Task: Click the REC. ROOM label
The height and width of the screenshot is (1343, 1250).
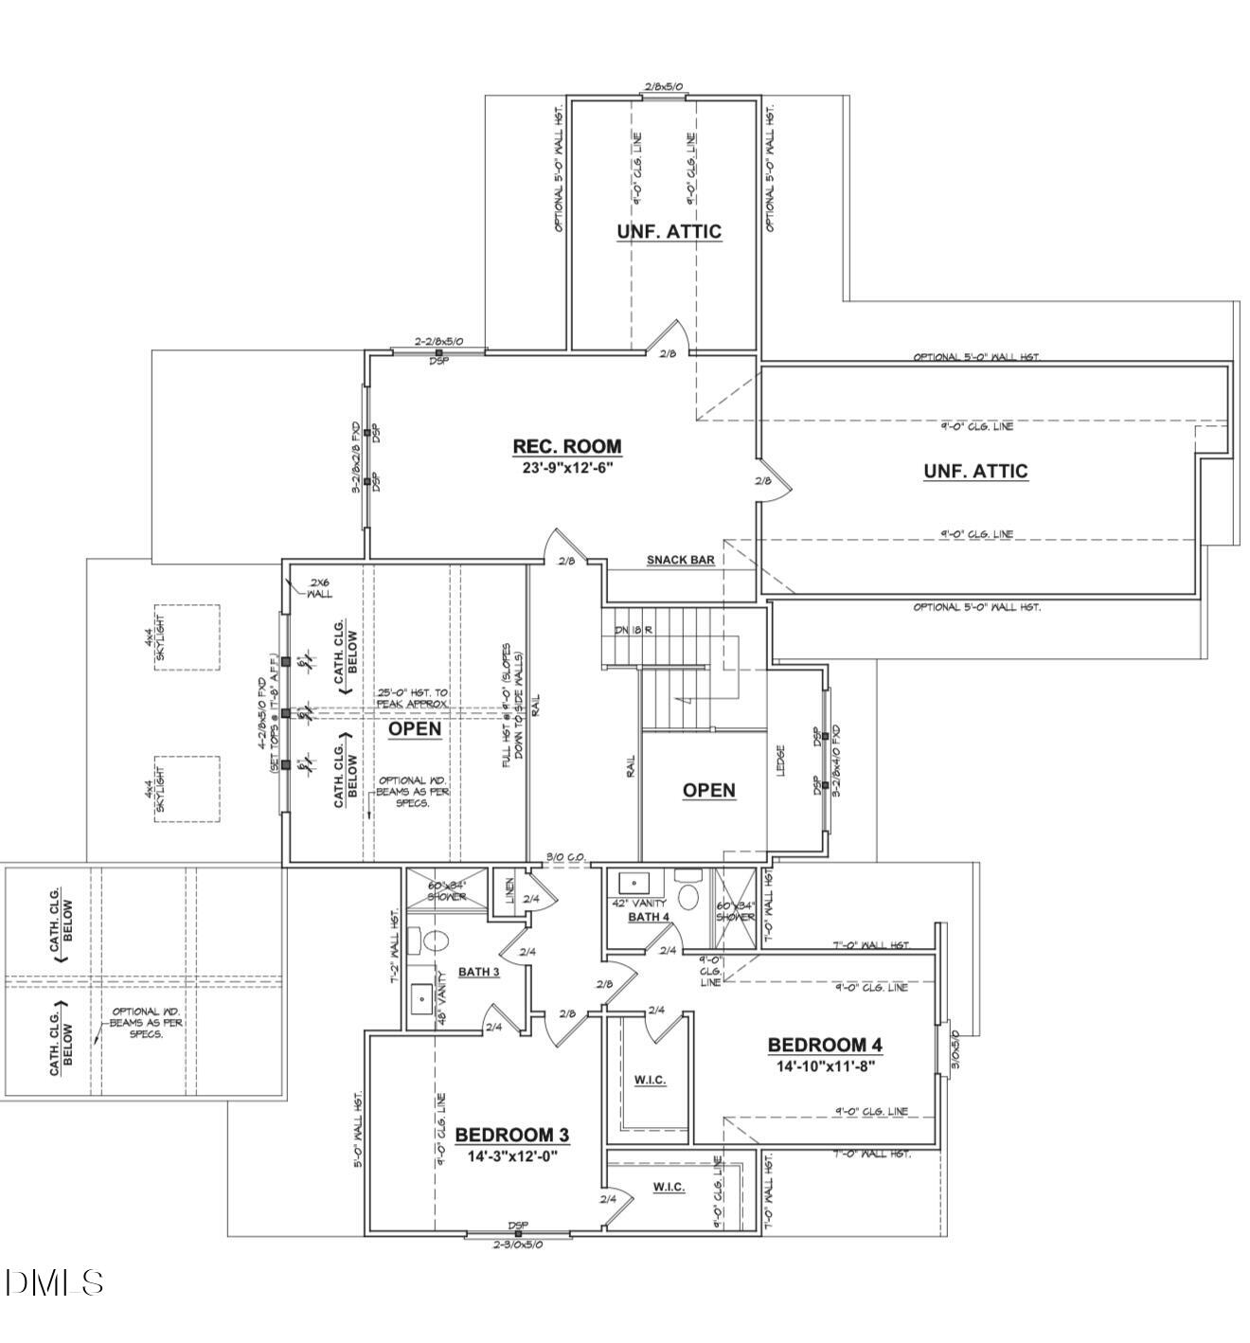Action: [x=566, y=446]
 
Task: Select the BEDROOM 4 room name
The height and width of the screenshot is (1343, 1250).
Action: [x=825, y=1045]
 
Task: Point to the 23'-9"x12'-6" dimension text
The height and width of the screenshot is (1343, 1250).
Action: [x=567, y=467]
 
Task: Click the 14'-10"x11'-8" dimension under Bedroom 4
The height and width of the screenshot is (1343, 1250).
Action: [x=825, y=1065]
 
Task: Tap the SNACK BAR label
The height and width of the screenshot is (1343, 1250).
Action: [x=680, y=560]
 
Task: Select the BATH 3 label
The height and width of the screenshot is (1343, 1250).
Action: [x=478, y=972]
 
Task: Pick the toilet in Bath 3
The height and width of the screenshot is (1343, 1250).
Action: [x=435, y=940]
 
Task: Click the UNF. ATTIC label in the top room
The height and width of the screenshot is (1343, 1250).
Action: [x=669, y=231]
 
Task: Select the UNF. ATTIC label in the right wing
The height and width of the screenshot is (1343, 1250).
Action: [x=975, y=471]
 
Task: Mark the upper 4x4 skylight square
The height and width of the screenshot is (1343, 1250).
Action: [x=187, y=637]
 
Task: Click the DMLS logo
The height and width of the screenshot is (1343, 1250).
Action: [x=54, y=1282]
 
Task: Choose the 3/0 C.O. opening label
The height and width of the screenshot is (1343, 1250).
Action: [x=566, y=858]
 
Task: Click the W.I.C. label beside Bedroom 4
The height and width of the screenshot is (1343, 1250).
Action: [x=650, y=1080]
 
